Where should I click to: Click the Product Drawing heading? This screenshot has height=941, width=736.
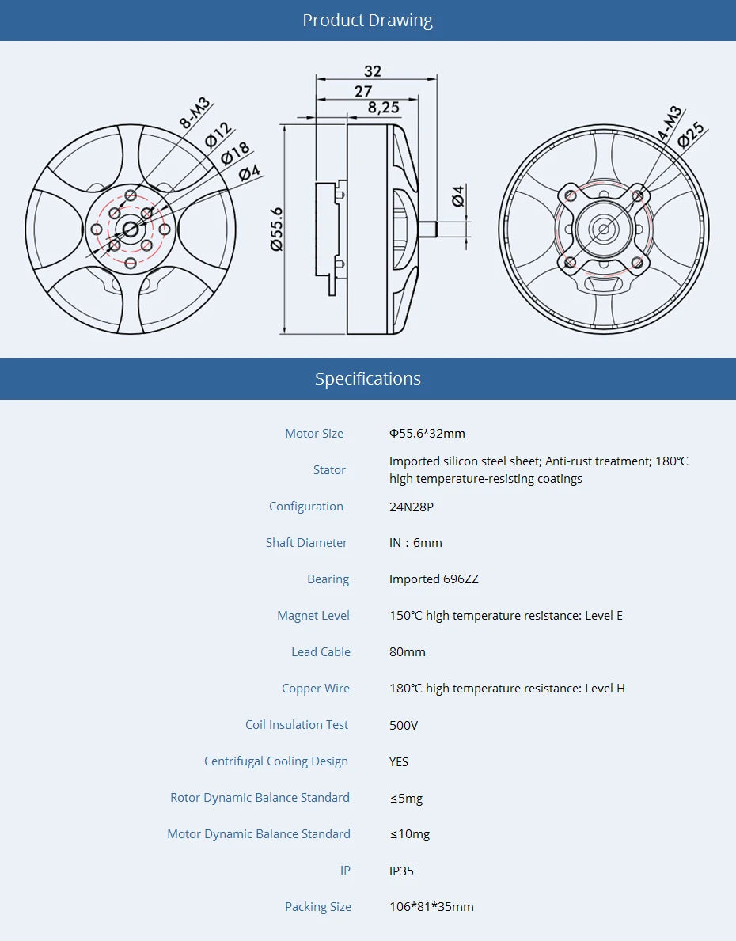(x=367, y=21)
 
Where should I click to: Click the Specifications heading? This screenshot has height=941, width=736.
(x=367, y=378)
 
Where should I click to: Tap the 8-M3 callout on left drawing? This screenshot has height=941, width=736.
(x=195, y=112)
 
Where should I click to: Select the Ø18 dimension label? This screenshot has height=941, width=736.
(x=235, y=152)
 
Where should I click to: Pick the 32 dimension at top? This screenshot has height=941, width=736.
(x=373, y=70)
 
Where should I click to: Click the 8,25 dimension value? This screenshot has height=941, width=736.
(x=383, y=108)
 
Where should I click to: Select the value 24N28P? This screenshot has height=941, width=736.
(x=411, y=507)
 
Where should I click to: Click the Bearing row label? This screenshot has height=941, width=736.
(x=328, y=579)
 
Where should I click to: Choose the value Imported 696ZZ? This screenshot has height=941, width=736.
(x=434, y=579)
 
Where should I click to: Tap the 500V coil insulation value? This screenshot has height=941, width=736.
(x=404, y=725)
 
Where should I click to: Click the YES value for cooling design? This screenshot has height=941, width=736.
(x=399, y=761)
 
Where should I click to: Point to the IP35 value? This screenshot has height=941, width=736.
(x=401, y=871)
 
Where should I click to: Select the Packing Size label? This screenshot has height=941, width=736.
(x=317, y=907)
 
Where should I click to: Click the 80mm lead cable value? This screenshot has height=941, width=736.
(x=407, y=652)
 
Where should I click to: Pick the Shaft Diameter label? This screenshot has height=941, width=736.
(x=306, y=543)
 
